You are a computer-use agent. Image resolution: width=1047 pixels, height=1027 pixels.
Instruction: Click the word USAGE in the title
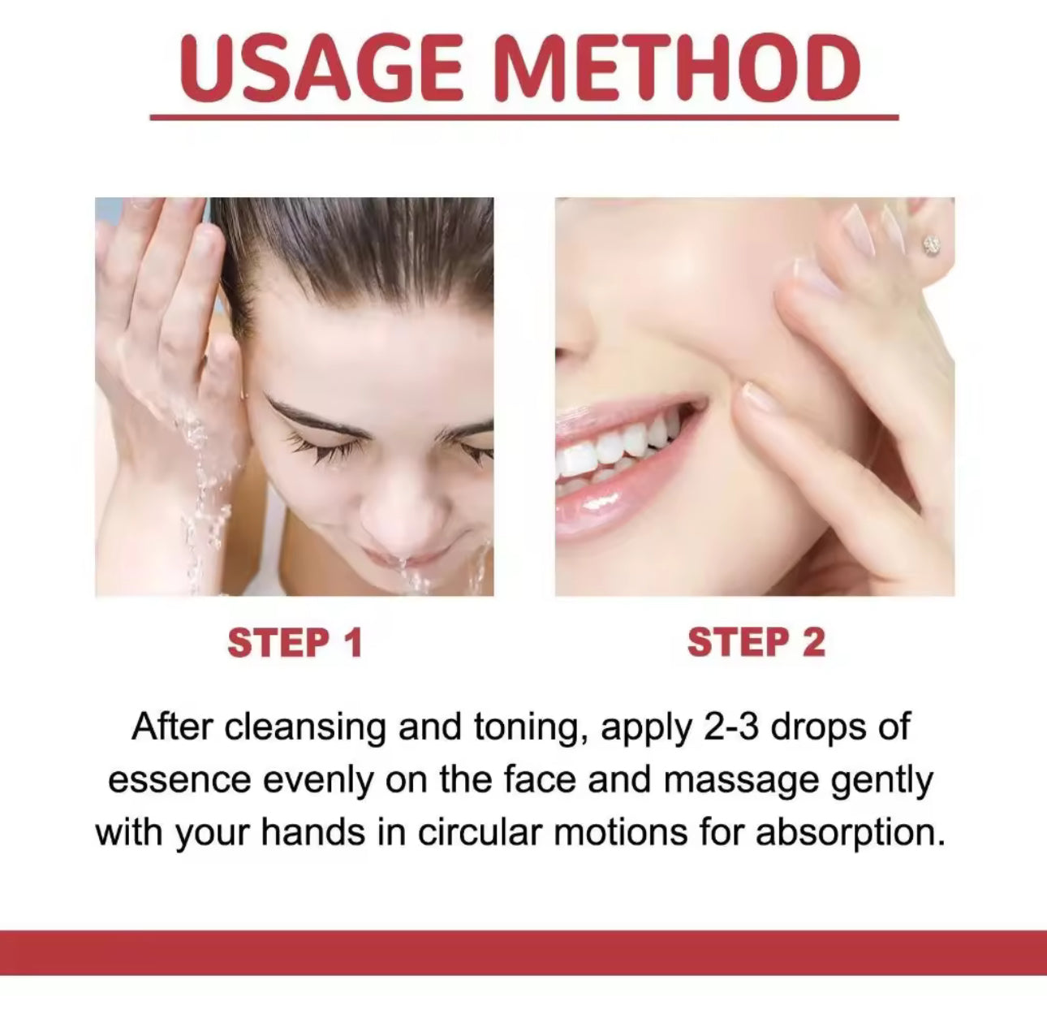click(x=321, y=68)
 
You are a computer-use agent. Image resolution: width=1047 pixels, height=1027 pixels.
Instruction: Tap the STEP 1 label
click(x=295, y=643)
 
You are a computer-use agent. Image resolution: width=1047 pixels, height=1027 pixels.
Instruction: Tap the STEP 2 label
click(x=756, y=643)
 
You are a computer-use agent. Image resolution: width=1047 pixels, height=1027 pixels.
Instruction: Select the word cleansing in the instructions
click(x=305, y=728)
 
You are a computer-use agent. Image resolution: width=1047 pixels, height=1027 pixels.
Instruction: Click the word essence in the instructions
click(x=179, y=782)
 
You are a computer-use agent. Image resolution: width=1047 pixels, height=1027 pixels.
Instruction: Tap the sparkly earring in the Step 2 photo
click(x=931, y=244)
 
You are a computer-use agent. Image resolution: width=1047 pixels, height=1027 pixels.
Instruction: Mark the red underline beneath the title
click(x=523, y=117)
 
